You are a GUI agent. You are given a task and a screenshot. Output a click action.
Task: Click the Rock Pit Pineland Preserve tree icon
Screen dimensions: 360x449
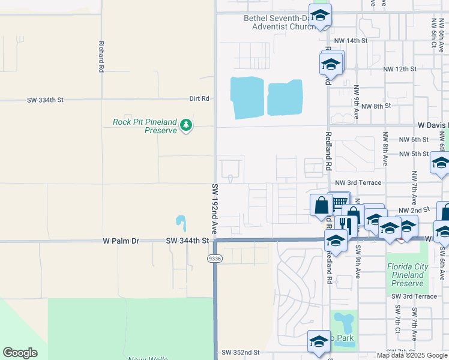click(x=187, y=125)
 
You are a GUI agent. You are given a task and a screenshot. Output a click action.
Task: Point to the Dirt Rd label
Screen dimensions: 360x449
click(x=199, y=98)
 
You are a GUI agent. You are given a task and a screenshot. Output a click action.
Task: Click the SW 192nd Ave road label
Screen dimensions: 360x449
click(x=214, y=209)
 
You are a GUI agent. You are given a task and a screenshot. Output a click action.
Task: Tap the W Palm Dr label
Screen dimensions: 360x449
click(x=121, y=241)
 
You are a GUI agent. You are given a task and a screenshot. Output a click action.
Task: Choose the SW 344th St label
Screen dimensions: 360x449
click(x=187, y=241)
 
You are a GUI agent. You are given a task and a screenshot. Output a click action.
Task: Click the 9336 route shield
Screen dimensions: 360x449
click(x=214, y=258)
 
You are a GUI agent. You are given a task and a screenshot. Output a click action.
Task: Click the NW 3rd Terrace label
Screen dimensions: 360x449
click(x=358, y=182)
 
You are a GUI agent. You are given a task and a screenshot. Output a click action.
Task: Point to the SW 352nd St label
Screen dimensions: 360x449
click(x=240, y=352)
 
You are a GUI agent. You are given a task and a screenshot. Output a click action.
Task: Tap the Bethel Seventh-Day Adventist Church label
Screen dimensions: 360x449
click(x=280, y=22)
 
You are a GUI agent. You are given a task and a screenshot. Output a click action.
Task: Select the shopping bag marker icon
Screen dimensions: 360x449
click(x=321, y=205)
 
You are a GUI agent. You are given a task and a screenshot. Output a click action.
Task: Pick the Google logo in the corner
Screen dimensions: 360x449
click(x=20, y=353)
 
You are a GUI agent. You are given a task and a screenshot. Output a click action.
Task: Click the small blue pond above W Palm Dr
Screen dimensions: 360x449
click(x=181, y=223)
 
